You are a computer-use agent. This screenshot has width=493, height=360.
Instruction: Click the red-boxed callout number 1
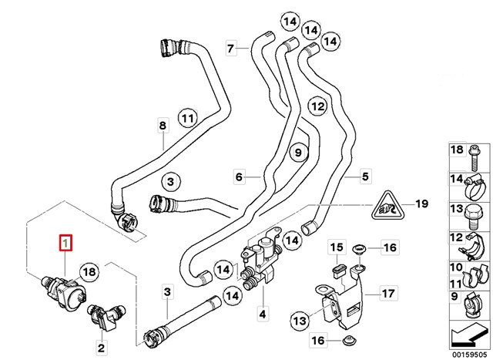pos(66,243)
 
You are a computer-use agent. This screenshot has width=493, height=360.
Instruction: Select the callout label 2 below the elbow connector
pos(101,348)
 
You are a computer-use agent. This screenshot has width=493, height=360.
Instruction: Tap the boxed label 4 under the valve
pos(263,314)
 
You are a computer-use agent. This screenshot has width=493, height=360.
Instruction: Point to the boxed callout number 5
pos(365,177)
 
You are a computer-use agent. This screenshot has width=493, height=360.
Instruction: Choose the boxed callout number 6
pos(240,177)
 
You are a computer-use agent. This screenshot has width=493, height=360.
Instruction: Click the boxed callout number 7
pos(231,49)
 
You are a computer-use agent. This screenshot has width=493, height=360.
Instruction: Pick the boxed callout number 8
pos(163,126)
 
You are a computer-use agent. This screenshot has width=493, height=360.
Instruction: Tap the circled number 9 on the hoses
pos(298,153)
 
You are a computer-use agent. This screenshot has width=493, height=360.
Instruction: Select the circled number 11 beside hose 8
pos(188,118)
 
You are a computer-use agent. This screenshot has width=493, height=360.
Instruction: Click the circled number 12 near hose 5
pos(317,106)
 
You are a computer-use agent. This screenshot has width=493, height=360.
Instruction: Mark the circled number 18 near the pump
pos(89,271)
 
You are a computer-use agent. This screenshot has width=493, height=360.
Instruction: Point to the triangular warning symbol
pos(386,205)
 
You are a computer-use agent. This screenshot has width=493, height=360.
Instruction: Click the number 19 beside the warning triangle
pos(421,204)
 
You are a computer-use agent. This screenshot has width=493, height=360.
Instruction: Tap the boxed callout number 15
pos(337,247)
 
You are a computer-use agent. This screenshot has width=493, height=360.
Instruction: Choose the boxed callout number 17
pos(388,294)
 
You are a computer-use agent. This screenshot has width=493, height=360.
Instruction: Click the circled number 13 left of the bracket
pos(300,321)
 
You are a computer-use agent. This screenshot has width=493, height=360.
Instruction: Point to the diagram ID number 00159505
pos(468,354)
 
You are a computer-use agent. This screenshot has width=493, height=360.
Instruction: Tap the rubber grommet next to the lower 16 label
pos(347,340)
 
